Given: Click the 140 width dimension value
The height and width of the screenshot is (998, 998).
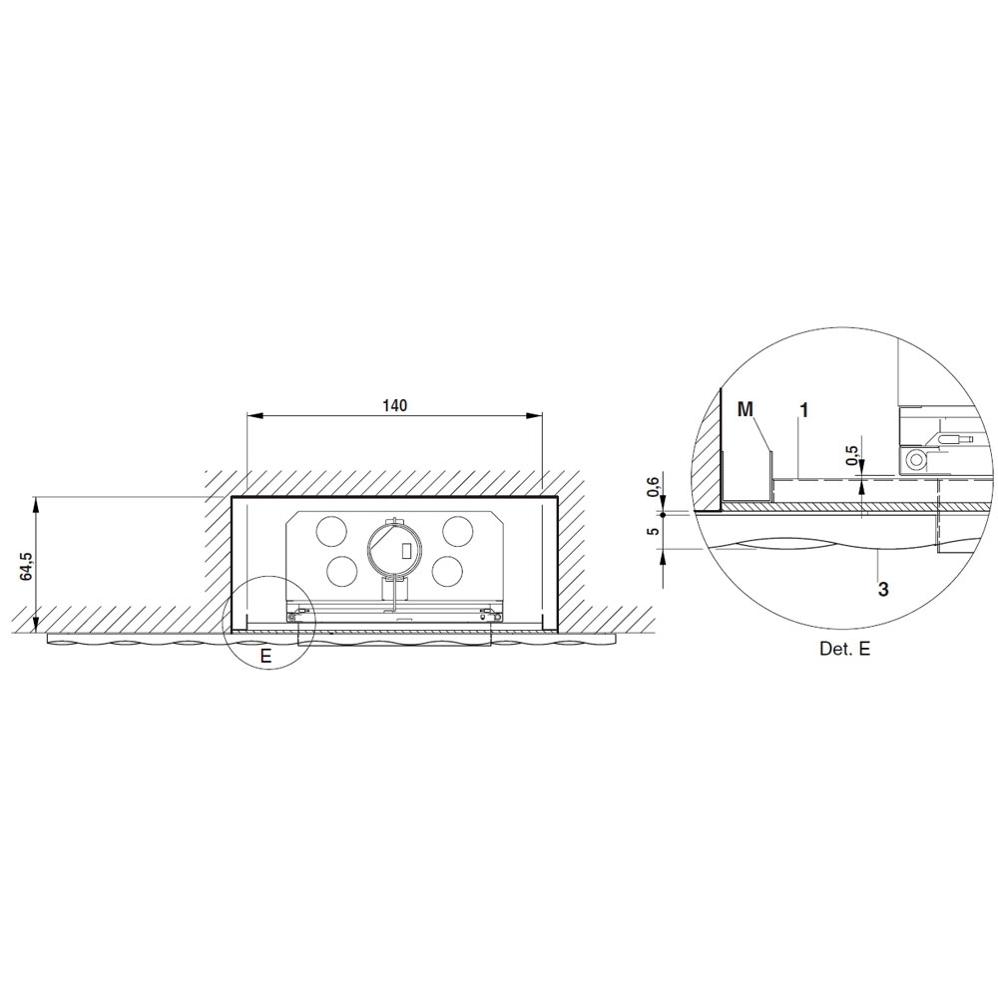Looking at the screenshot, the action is click(394, 405).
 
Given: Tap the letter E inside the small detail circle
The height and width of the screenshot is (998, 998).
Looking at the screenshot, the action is click(266, 656).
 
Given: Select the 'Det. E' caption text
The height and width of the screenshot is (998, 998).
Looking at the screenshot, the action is click(844, 649).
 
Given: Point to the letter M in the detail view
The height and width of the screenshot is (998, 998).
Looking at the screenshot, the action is click(745, 409).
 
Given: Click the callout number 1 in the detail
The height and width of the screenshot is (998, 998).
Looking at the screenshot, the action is click(803, 410).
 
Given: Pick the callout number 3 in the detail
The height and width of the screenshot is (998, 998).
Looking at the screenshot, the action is click(883, 590).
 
